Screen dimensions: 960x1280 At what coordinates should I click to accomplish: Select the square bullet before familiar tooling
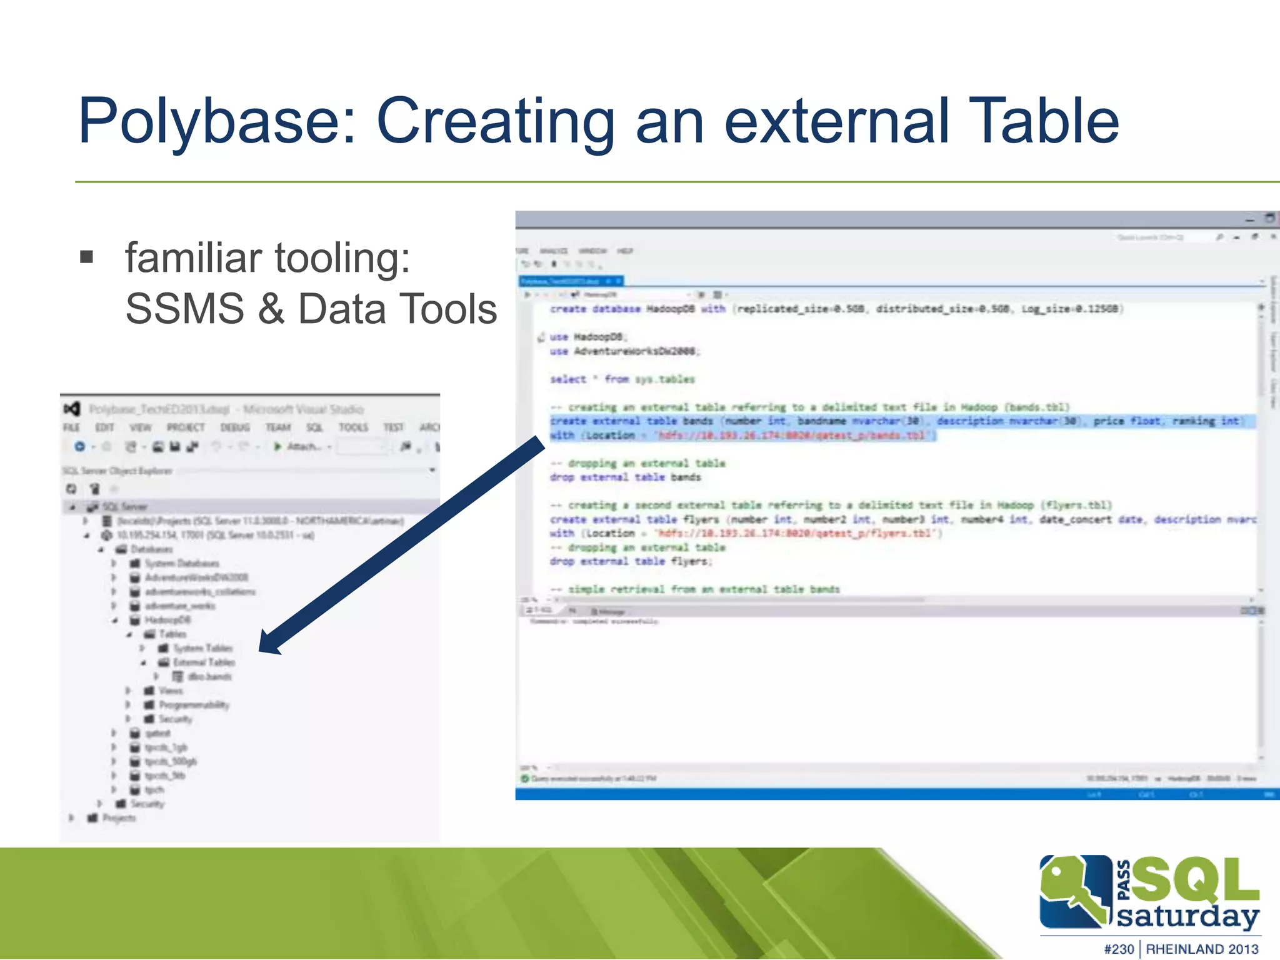(87, 257)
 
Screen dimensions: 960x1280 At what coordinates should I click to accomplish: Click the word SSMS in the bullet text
(185, 309)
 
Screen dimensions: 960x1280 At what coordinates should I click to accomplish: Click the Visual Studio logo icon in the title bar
(72, 409)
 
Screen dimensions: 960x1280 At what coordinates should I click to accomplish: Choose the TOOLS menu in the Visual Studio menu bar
(353, 427)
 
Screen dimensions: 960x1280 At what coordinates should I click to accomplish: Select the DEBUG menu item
(235, 427)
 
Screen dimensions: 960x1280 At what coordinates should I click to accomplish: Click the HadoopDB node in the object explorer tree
(167, 620)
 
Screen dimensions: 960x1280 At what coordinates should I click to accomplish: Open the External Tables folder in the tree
(204, 662)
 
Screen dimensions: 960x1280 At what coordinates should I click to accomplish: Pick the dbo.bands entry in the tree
(209, 676)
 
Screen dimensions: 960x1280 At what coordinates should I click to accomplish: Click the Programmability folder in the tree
(194, 705)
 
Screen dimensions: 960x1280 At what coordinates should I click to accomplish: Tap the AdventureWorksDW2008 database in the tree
(196, 577)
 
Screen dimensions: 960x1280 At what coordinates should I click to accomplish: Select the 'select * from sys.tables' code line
(622, 379)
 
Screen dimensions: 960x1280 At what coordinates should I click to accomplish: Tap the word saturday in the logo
(1187, 916)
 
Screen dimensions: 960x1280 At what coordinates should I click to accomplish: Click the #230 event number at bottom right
(1119, 949)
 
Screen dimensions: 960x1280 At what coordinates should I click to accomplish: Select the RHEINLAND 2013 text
(1202, 949)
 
